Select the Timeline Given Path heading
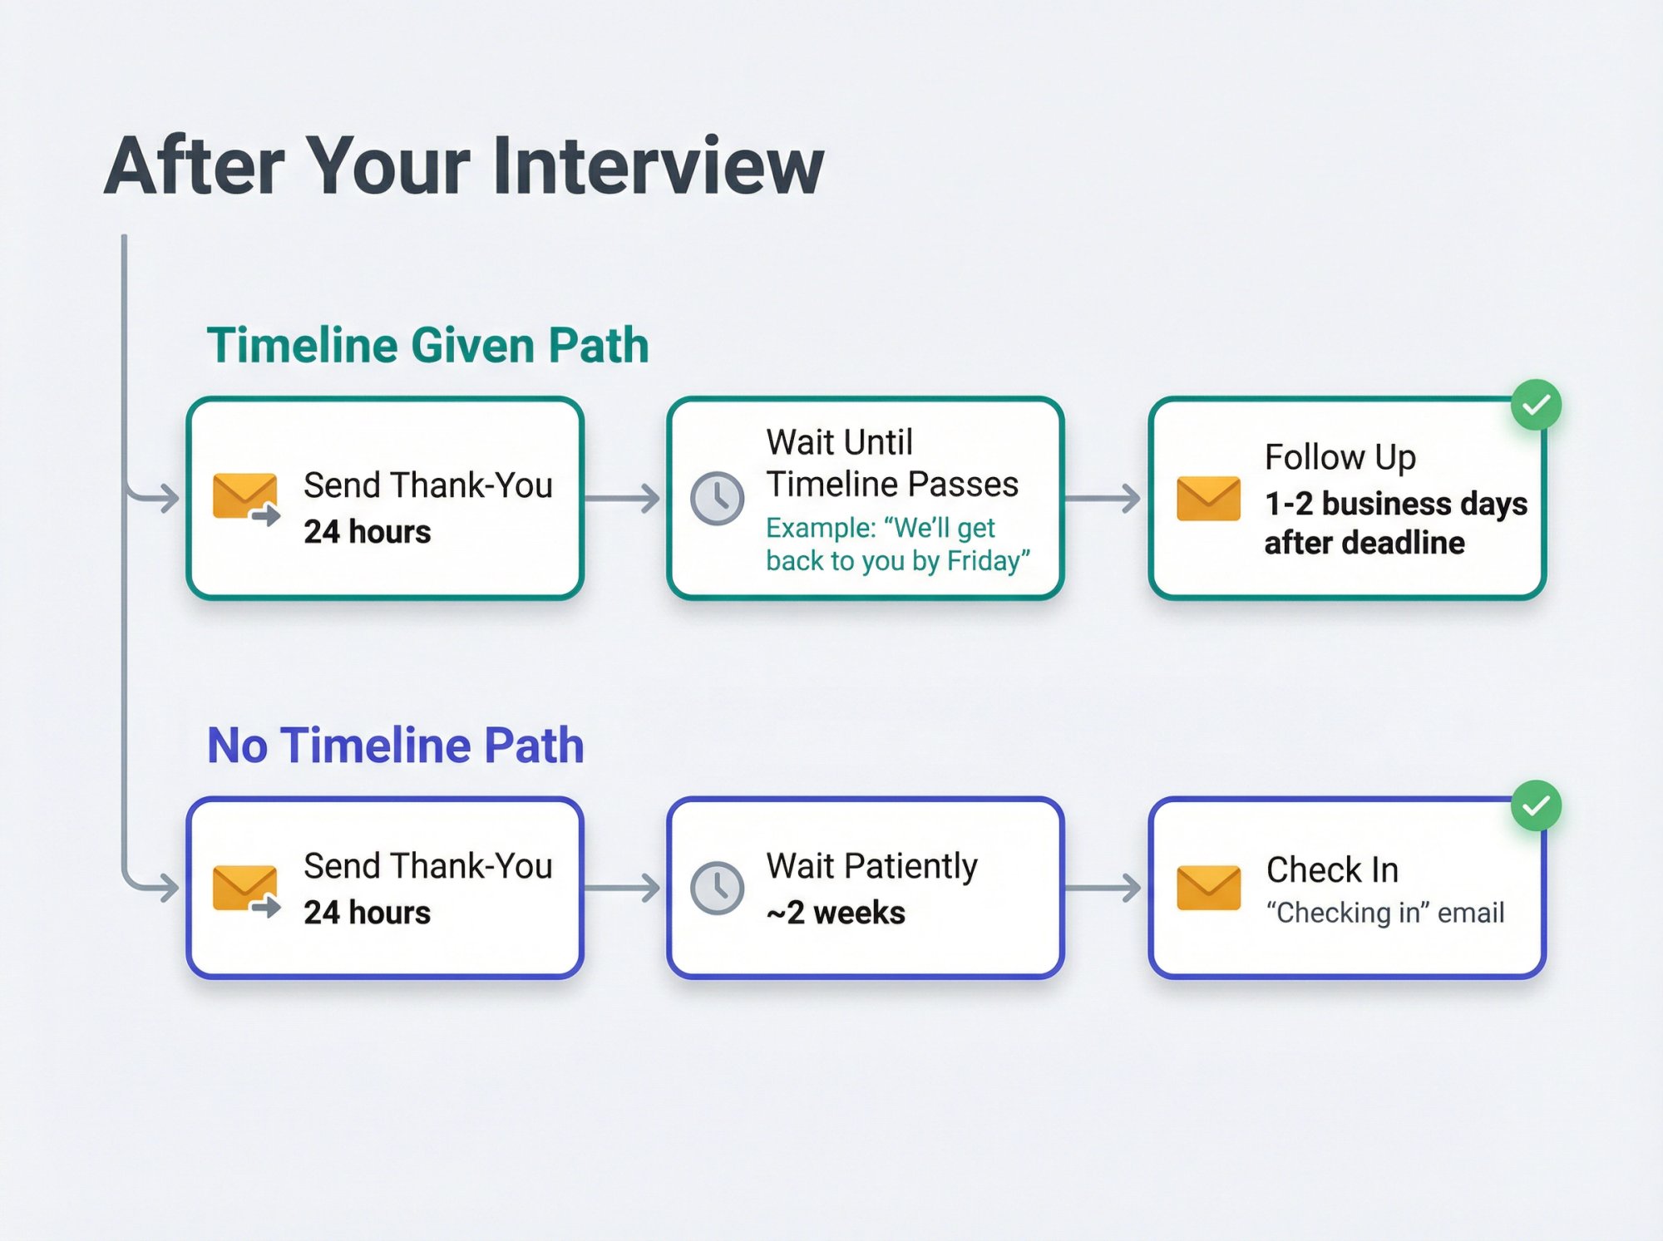tap(427, 345)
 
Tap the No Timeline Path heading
tap(395, 745)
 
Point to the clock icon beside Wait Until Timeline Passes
tap(717, 499)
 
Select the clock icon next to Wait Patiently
tap(717, 889)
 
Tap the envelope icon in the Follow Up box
tap(1208, 499)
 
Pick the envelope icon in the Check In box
tap(1208, 889)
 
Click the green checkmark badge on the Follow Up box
tap(1536, 405)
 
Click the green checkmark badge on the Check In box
tap(1536, 805)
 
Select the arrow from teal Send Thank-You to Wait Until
tap(624, 499)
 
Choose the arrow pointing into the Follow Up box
tap(1104, 499)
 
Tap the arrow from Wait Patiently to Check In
tap(1104, 889)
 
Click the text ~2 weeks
tap(836, 913)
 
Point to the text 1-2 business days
tap(1395, 504)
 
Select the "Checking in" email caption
tap(1384, 913)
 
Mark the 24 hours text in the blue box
tap(367, 913)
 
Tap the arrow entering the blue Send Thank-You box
tap(158, 887)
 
